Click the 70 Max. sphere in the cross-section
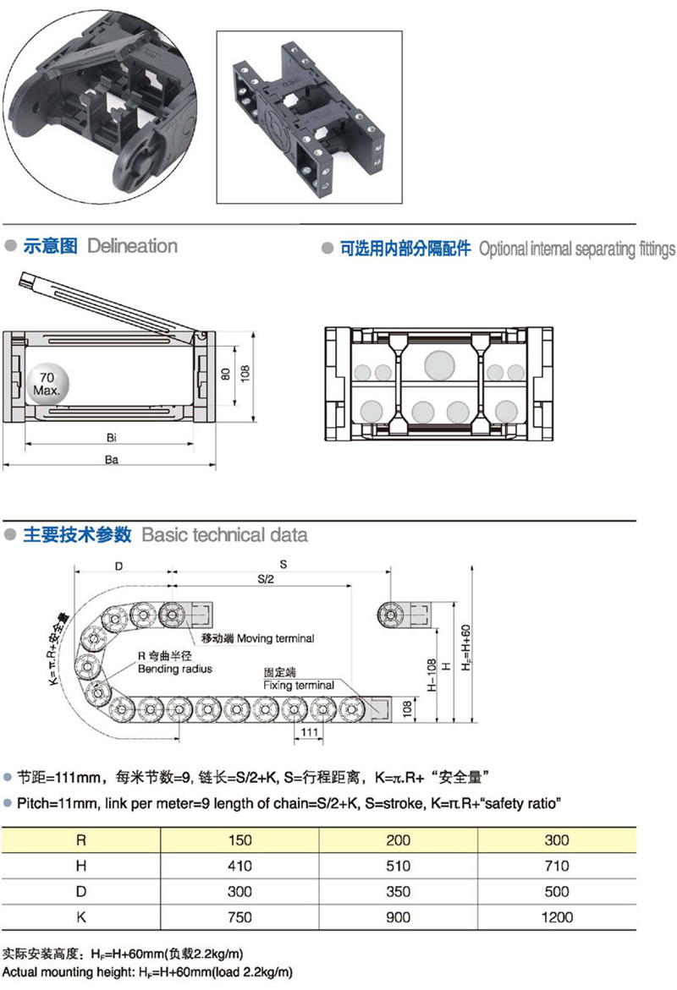(47, 386)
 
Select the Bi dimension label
(111, 437)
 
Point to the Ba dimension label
(111, 459)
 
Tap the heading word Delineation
(132, 246)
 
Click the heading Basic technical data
(224, 534)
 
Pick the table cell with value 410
(239, 866)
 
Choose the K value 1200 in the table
(556, 916)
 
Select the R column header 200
(398, 840)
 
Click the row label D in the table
(81, 891)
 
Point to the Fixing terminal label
(298, 685)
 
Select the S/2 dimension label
(267, 580)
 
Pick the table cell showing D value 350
(398, 891)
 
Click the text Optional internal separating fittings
(577, 249)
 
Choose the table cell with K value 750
(239, 916)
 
